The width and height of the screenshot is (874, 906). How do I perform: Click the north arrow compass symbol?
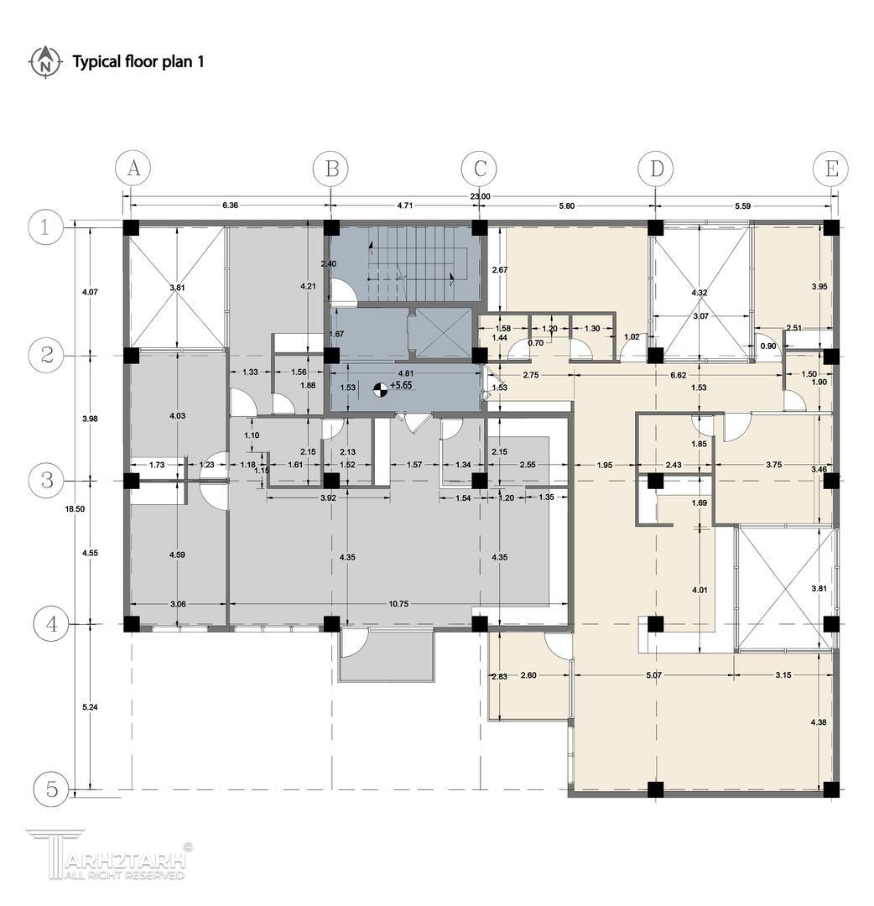(x=44, y=62)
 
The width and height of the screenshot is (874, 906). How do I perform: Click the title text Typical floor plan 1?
(x=138, y=62)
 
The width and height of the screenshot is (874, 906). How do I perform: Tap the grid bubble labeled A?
(x=133, y=168)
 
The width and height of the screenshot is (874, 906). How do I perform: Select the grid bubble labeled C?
(x=480, y=169)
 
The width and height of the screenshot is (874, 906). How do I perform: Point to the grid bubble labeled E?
(x=830, y=169)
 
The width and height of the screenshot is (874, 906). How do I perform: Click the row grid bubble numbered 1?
(x=45, y=227)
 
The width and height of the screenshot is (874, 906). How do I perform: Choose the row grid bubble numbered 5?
(x=51, y=789)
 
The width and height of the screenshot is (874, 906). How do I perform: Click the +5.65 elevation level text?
(x=401, y=385)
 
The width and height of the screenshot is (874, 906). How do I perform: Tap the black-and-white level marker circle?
(x=379, y=389)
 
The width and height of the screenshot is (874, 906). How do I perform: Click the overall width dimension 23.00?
(x=480, y=196)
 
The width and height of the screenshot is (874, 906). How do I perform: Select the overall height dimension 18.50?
(x=75, y=509)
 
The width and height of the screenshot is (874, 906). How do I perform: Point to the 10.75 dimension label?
(x=398, y=604)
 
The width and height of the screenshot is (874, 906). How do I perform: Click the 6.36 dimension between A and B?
(x=230, y=206)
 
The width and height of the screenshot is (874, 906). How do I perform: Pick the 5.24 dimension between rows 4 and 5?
(x=90, y=706)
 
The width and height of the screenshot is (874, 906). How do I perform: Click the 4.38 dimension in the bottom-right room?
(x=819, y=722)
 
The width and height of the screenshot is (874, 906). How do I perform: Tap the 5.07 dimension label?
(x=653, y=674)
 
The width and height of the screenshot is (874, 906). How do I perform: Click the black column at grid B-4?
(x=331, y=624)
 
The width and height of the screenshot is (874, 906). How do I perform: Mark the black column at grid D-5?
(x=655, y=789)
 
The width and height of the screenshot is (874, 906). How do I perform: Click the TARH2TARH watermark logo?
(x=108, y=855)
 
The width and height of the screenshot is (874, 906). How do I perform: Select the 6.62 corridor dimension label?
(x=679, y=375)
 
